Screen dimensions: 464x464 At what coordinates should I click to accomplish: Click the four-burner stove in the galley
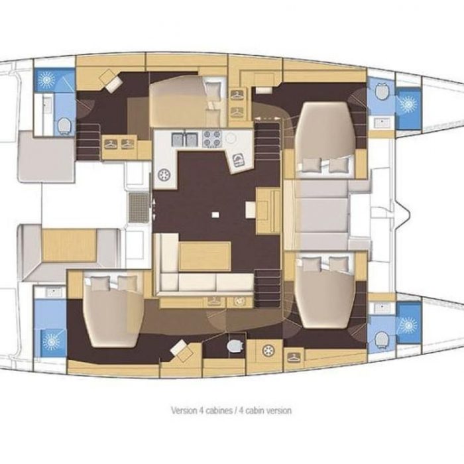(212, 139)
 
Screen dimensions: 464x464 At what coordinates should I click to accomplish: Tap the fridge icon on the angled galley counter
(239, 160)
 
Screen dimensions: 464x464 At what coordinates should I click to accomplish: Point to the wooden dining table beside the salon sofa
(205, 257)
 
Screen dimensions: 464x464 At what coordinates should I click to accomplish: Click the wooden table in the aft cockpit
(69, 246)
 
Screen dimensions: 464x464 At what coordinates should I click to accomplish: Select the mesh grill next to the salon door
(139, 207)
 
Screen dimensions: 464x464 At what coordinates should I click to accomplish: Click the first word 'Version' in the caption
(184, 410)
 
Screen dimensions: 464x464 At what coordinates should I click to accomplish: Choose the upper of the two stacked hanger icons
(237, 95)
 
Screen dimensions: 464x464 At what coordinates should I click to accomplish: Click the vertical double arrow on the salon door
(154, 209)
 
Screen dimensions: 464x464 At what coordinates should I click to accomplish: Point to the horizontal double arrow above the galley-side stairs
(268, 119)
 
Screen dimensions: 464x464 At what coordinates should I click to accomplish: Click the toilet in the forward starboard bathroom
(382, 338)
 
